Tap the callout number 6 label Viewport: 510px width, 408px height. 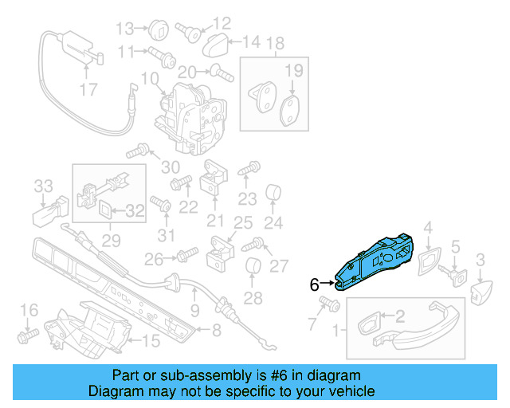tap(314, 284)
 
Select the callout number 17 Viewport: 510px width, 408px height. tap(89, 89)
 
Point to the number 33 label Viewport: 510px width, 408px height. tap(42, 186)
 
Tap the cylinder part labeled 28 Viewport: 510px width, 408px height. tap(253, 269)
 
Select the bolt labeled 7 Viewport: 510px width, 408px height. tap(325, 304)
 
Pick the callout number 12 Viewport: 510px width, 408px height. tap(221, 22)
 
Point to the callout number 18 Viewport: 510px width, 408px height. tap(274, 42)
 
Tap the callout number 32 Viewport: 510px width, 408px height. tap(136, 211)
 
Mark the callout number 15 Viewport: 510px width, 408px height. tap(151, 342)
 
